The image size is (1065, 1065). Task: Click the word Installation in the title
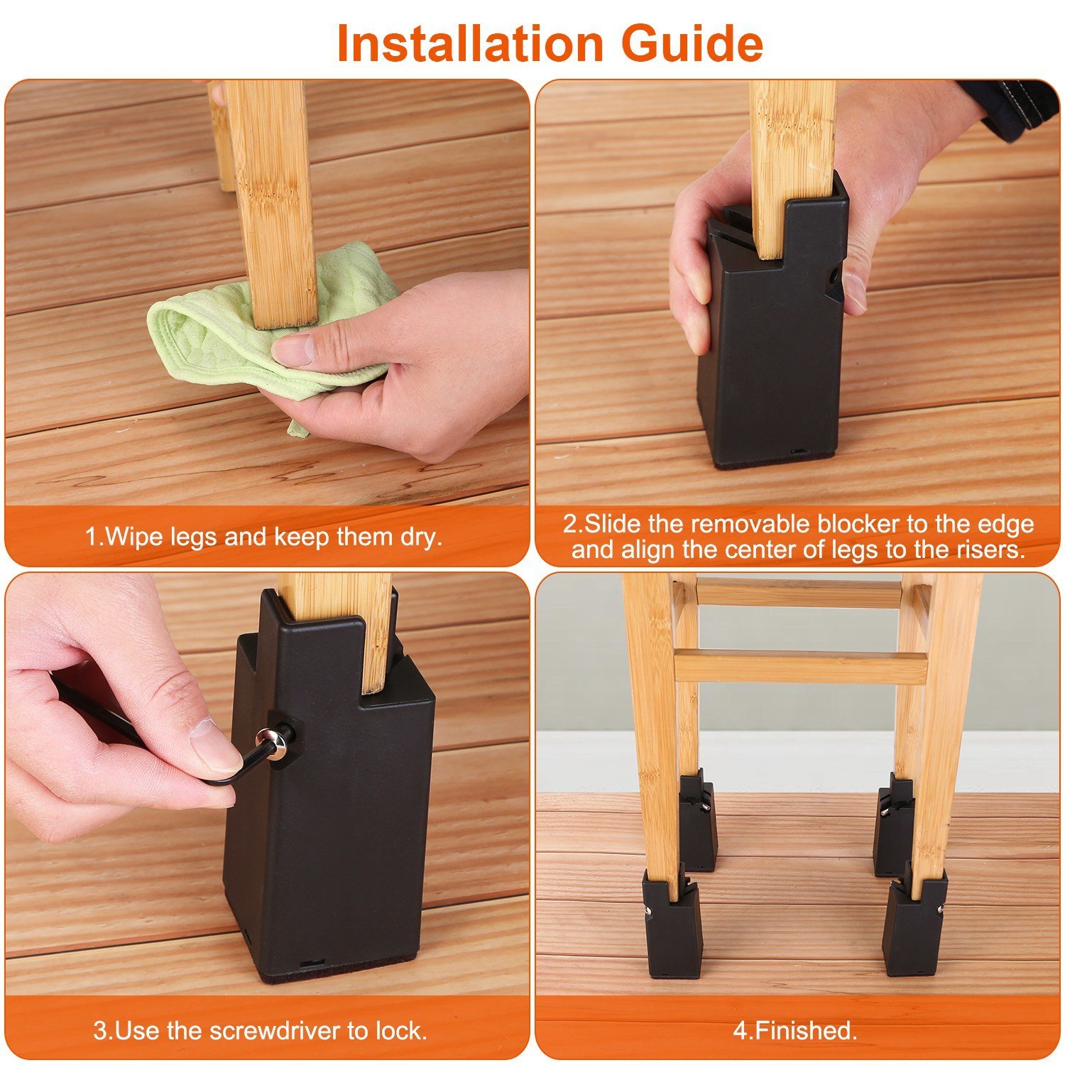(x=469, y=44)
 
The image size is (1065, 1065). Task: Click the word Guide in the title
(x=692, y=44)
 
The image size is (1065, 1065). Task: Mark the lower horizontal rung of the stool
(x=800, y=666)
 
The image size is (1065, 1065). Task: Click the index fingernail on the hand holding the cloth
(x=292, y=350)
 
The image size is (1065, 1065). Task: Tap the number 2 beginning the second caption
(x=570, y=525)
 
